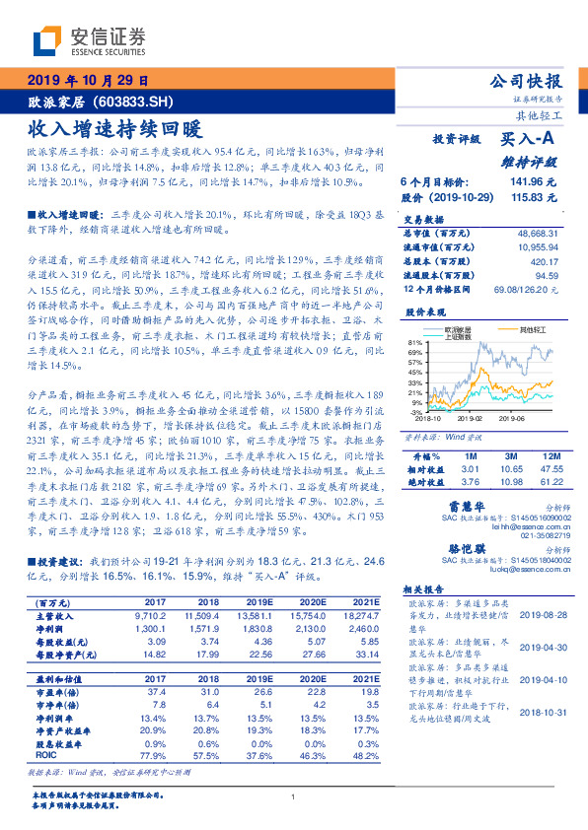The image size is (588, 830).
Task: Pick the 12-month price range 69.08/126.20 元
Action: point(524,289)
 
